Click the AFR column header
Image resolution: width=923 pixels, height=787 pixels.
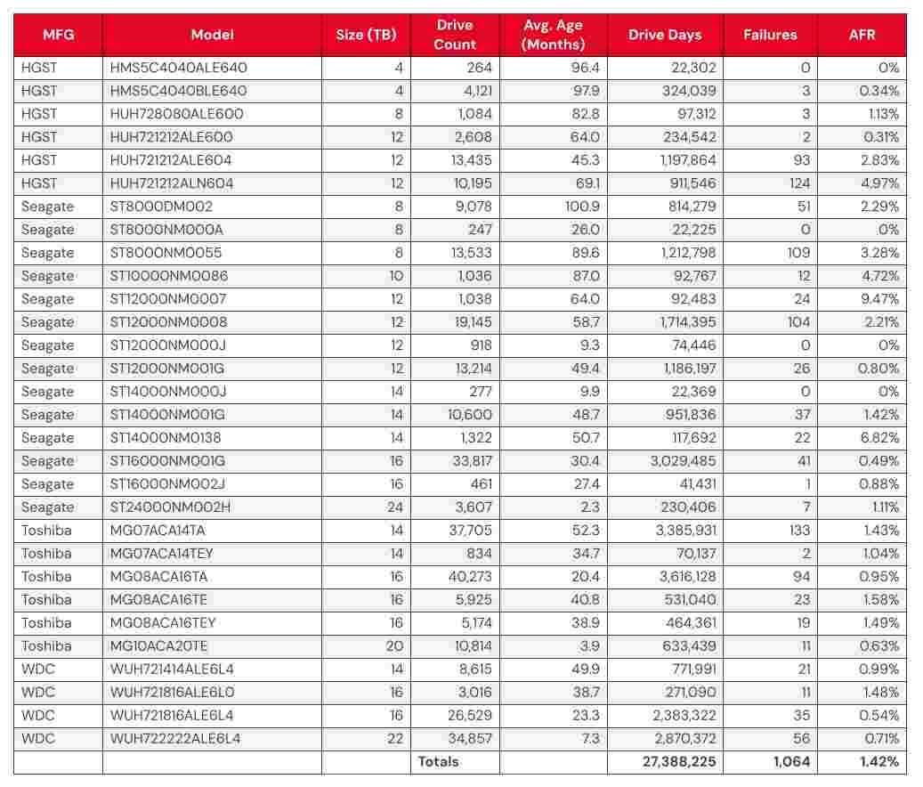[862, 35]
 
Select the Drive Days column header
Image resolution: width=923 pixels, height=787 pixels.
[664, 35]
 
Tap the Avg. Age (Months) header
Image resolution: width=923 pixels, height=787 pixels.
[553, 35]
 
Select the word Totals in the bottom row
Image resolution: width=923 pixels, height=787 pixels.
[439, 762]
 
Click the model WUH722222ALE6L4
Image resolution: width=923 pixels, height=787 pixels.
[175, 739]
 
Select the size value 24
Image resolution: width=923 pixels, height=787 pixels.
[395, 507]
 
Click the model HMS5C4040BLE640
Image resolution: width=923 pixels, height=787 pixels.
[178, 91]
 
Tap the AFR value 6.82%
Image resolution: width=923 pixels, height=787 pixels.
[880, 438]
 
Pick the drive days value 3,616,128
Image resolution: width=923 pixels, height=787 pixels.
[682, 577]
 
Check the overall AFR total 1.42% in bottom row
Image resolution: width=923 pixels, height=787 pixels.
[878, 762]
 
